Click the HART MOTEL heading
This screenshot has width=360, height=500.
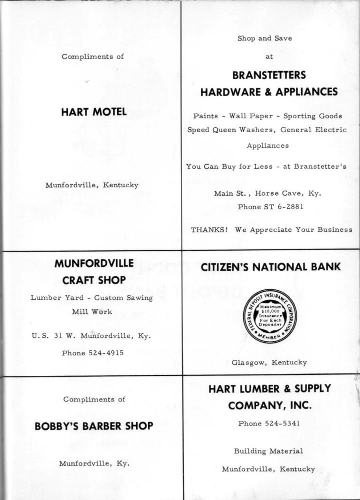[93, 113]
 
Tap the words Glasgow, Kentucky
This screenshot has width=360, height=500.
[268, 362]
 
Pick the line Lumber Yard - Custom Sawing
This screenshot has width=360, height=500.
[93, 297]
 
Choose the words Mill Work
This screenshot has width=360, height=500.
[93, 311]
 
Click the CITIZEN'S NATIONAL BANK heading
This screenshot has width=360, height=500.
[270, 268]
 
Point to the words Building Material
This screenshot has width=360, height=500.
[268, 451]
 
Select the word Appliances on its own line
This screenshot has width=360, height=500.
[267, 146]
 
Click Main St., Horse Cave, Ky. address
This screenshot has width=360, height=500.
[268, 194]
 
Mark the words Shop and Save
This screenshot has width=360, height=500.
[268, 39]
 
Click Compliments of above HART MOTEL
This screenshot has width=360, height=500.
[93, 57]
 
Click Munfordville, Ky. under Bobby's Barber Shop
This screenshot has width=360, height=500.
[94, 463]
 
